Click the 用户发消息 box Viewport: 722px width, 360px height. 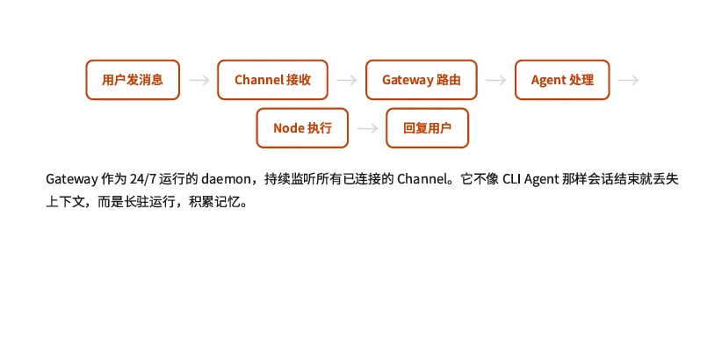point(133,80)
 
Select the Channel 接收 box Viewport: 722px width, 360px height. point(272,80)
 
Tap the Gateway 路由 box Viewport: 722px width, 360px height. point(421,80)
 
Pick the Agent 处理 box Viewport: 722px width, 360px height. point(562,80)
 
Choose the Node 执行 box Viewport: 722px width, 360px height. point(302,128)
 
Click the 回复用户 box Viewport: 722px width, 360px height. point(427,128)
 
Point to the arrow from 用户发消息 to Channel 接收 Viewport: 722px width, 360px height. point(199,80)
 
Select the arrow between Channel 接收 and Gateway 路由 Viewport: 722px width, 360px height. point(347,80)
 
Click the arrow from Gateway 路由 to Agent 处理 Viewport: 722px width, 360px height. point(495,80)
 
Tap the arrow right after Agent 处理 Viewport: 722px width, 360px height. point(628,80)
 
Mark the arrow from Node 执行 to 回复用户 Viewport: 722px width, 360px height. point(369,128)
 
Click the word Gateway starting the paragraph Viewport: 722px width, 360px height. point(72,179)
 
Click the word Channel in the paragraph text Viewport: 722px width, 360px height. point(424,179)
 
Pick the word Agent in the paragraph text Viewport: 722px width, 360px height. point(545,179)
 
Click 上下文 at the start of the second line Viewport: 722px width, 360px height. point(64,201)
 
